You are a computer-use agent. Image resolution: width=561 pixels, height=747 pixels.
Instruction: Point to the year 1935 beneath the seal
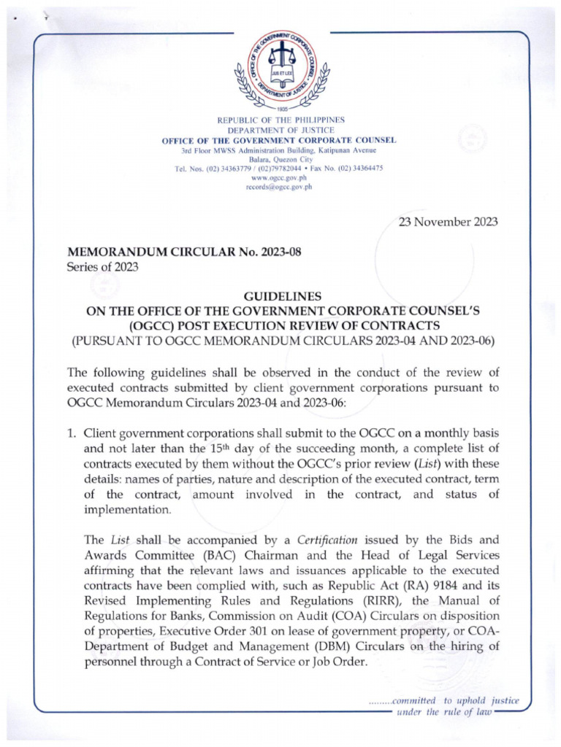pos(281,109)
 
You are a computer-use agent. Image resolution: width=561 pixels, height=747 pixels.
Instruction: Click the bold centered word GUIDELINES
pos(281,296)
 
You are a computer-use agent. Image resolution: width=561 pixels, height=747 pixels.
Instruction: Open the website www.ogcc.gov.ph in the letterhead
pos(281,177)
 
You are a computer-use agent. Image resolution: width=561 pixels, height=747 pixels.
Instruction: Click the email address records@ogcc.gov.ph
pos(281,187)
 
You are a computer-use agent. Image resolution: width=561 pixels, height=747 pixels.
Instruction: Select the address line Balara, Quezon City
pos(281,158)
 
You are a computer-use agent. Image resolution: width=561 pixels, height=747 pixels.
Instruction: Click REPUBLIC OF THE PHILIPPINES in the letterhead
pos(281,120)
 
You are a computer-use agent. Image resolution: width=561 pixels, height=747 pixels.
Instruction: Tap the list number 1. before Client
pos(71,433)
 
